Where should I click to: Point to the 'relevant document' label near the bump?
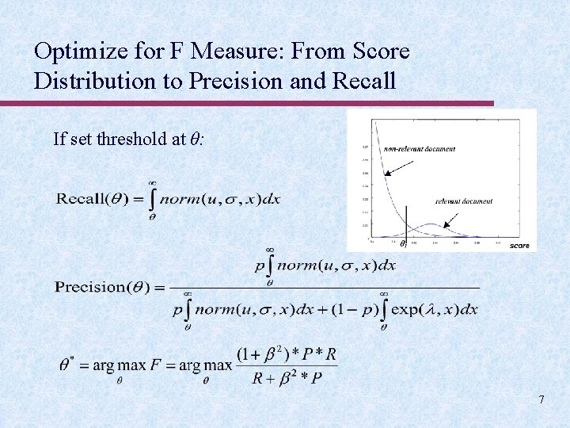[x=463, y=201]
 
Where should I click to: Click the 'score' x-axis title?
[x=519, y=246]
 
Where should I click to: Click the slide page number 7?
[x=541, y=399]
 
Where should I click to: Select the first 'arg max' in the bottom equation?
[x=113, y=366]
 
